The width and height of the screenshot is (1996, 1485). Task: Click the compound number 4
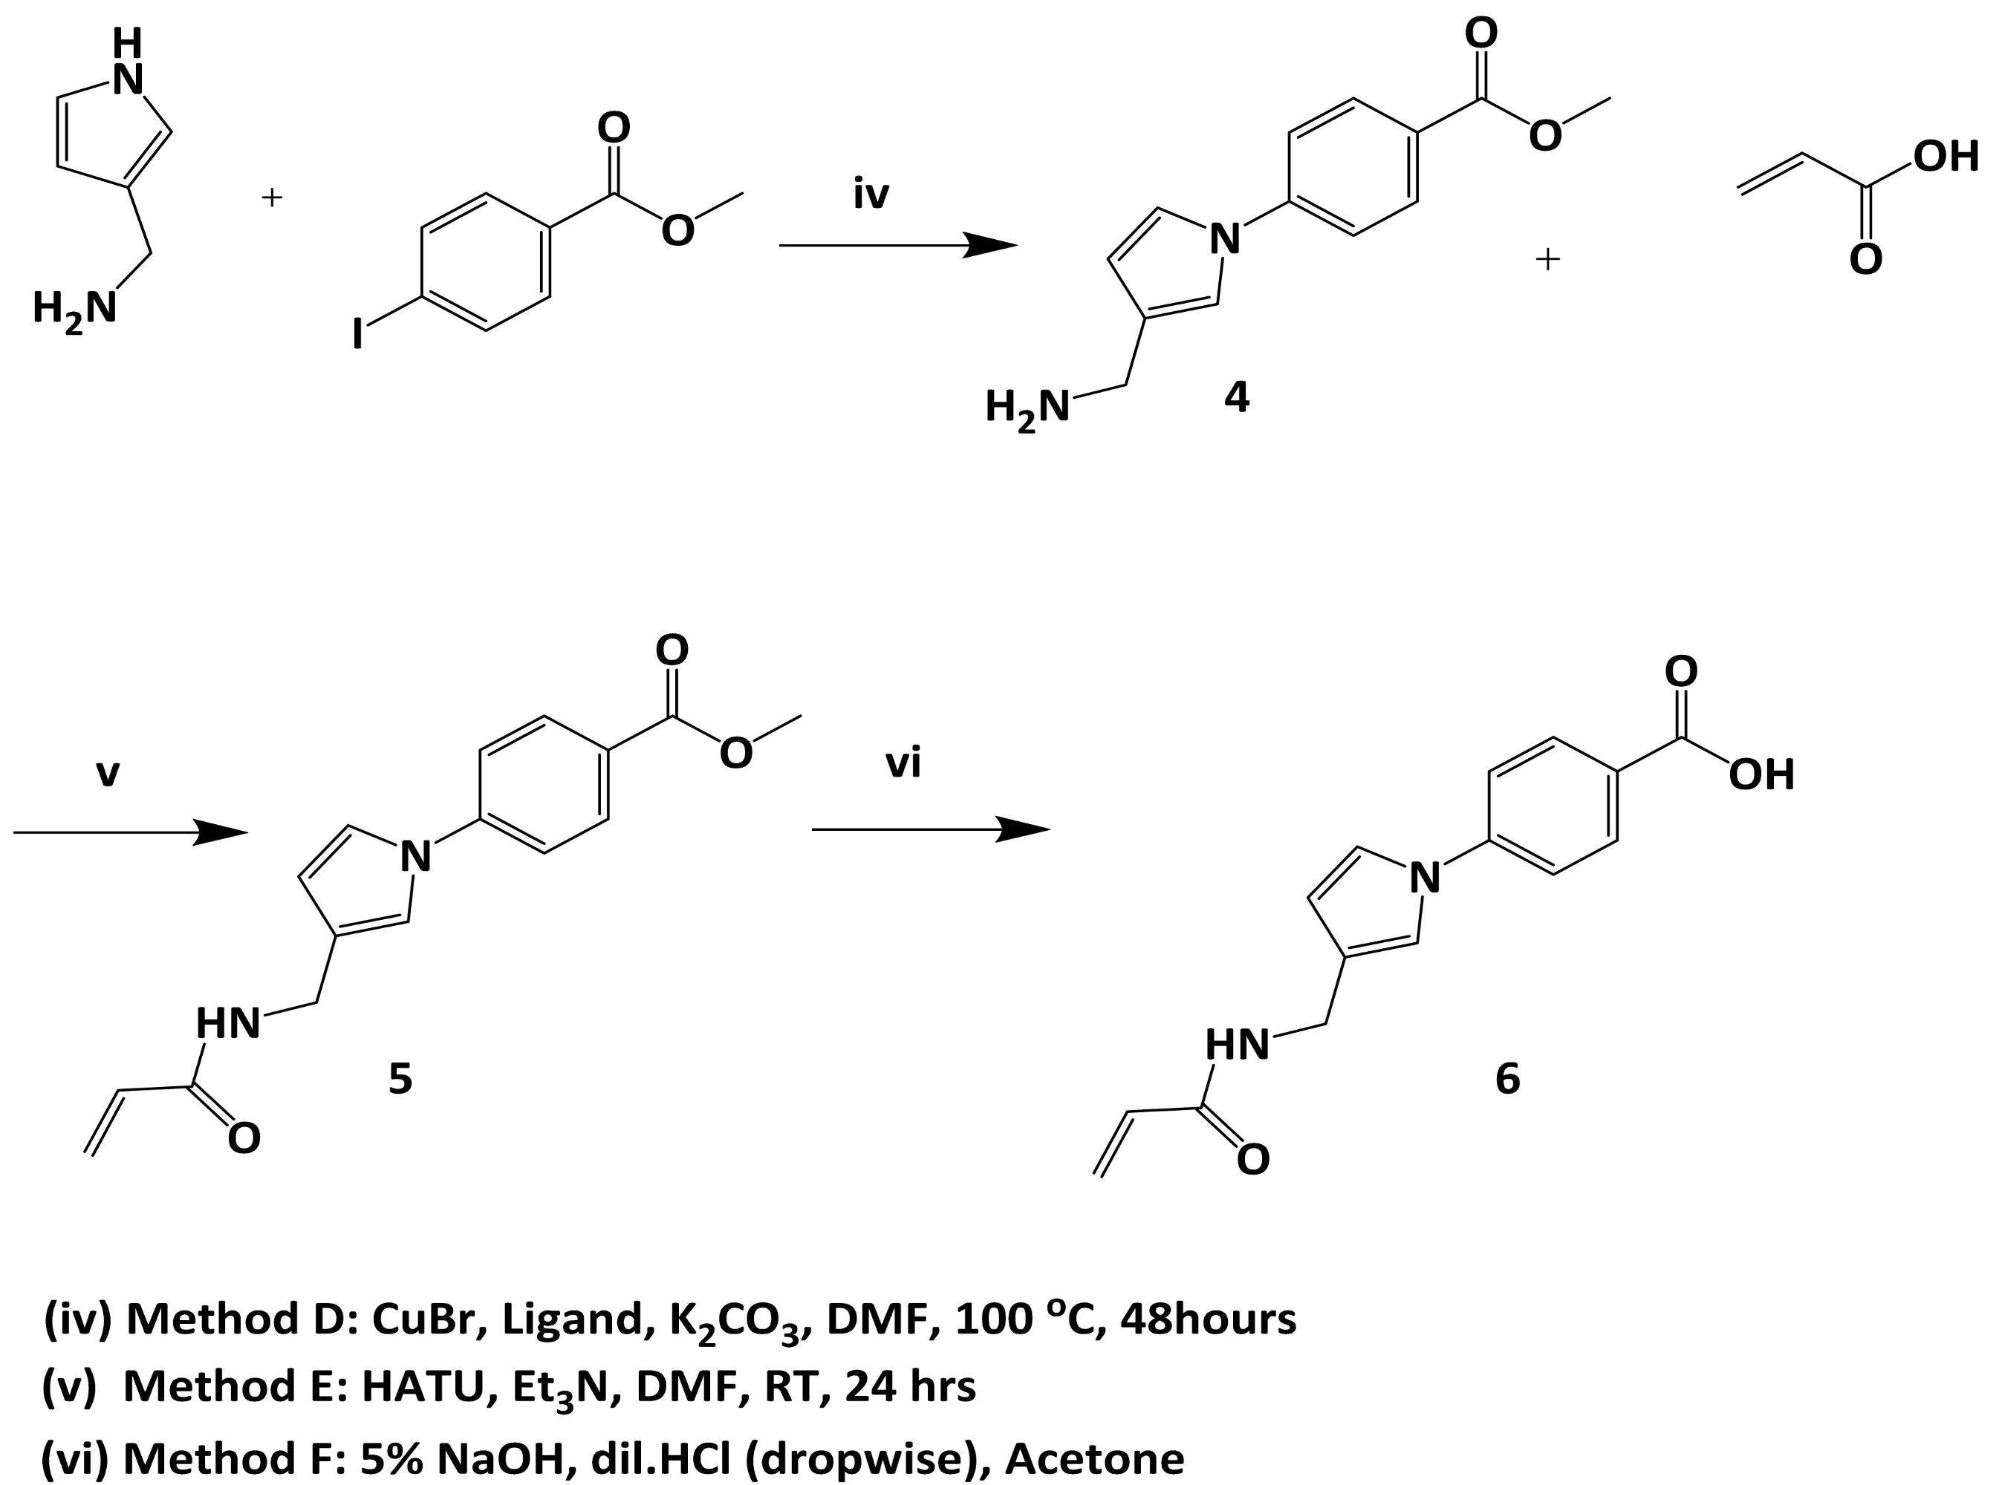(1236, 397)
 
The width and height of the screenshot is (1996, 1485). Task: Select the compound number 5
(400, 1078)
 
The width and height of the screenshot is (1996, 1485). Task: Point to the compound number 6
(1508, 1078)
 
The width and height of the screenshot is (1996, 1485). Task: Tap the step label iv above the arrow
(871, 195)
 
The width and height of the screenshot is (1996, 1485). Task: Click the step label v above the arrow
(108, 772)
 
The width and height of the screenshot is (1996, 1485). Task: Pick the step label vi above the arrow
(903, 764)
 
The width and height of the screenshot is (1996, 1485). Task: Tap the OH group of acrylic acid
(1945, 157)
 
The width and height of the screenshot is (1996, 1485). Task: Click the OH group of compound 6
(1761, 775)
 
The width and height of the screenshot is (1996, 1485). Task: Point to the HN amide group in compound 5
(228, 1024)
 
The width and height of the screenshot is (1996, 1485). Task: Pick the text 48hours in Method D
(1208, 1319)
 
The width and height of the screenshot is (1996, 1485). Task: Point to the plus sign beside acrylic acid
(1547, 260)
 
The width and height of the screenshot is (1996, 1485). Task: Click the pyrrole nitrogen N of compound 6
(1424, 878)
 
